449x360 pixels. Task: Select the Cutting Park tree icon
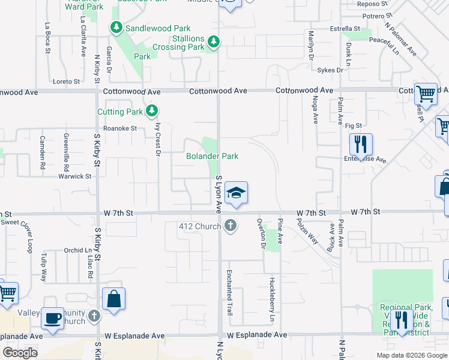click(152, 111)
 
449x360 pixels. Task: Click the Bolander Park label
click(212, 156)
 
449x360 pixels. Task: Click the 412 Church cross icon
click(229, 226)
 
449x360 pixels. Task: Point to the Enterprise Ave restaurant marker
click(361, 145)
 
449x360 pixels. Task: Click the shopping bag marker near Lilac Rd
click(113, 299)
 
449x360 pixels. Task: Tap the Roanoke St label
click(120, 128)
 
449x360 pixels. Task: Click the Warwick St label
click(74, 176)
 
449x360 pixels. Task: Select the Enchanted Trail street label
click(229, 292)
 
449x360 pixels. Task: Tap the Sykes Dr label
click(330, 70)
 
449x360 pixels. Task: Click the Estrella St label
click(345, 28)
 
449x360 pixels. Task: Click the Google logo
click(20, 353)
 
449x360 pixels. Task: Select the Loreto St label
click(66, 81)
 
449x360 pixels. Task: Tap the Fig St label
click(354, 125)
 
